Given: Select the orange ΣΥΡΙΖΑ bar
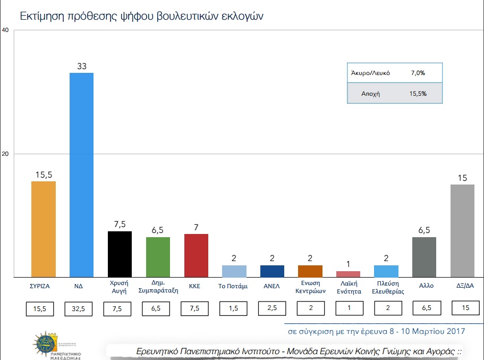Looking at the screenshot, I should (x=44, y=229).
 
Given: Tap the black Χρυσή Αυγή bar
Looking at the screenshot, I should (x=120, y=254).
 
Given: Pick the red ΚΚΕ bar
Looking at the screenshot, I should (x=196, y=255).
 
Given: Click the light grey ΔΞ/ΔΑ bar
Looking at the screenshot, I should (x=462, y=230).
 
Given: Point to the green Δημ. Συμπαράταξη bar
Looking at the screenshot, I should (x=158, y=257).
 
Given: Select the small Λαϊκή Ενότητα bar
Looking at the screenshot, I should (x=348, y=274).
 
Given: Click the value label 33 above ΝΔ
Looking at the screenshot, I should (x=82, y=66).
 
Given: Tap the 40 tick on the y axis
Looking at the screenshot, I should (x=5, y=30).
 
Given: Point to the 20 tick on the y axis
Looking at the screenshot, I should (x=5, y=154).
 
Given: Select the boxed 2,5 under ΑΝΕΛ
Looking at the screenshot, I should (x=272, y=308).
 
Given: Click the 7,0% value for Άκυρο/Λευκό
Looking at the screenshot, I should (x=418, y=73).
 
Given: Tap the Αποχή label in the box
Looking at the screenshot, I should (x=370, y=93).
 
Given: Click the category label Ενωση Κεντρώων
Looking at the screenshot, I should (x=310, y=288).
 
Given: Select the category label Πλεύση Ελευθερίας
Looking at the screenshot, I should (x=386, y=288).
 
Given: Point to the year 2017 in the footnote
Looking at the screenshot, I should (x=455, y=331).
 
